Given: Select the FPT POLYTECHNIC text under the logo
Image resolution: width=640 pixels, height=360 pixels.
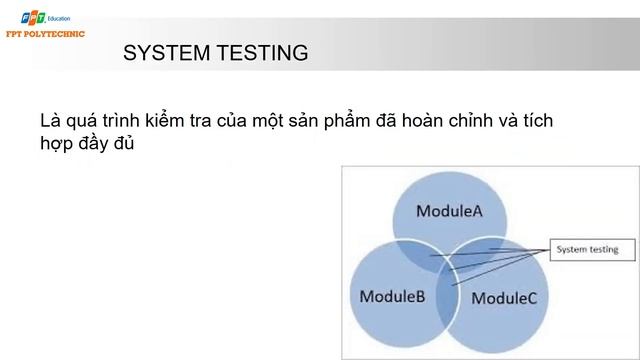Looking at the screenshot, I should click(x=43, y=33).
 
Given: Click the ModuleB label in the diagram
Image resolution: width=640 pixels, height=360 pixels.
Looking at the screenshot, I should click(x=392, y=296).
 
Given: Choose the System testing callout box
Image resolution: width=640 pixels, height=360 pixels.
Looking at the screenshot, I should click(x=587, y=249).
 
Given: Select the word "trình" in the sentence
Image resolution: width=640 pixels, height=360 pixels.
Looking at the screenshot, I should click(x=127, y=121).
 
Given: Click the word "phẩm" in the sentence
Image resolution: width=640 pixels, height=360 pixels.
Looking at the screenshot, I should click(x=379, y=122).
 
